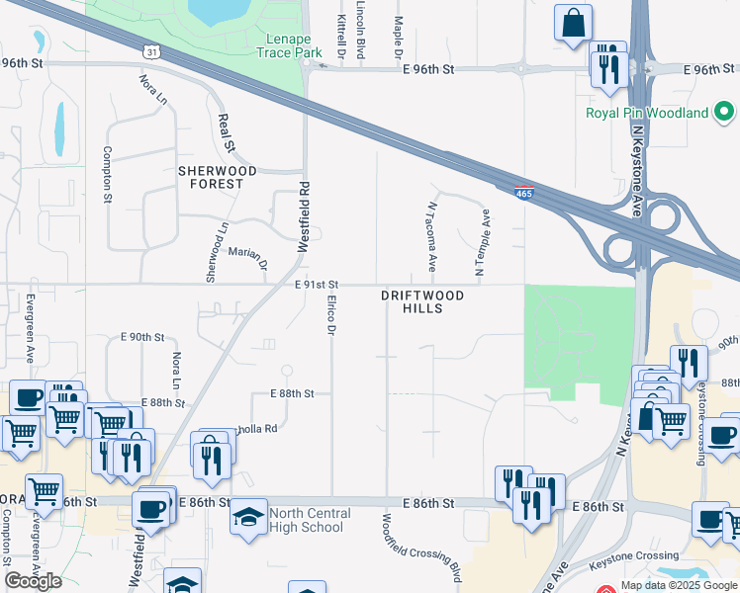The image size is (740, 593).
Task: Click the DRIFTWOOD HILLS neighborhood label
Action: tap(421, 301)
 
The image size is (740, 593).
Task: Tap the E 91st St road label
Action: tap(317, 285)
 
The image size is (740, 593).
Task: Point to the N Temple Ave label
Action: tap(484, 241)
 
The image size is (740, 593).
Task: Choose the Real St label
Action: tap(227, 132)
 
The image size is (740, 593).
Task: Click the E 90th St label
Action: tap(141, 337)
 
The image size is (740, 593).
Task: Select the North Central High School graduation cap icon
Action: tap(247, 516)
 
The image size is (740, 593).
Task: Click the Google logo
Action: tap(33, 581)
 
